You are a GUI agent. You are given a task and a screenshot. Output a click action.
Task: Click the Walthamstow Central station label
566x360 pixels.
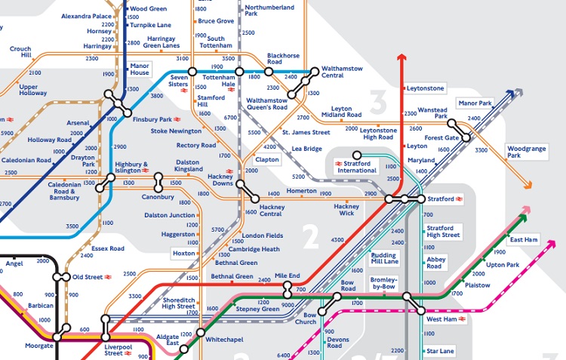click(342, 72)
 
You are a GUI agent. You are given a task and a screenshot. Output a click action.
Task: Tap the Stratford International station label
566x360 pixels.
click(357, 167)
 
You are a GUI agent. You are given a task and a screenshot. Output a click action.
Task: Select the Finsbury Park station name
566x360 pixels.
click(152, 119)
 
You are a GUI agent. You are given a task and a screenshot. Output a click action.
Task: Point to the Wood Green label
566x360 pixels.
click(148, 8)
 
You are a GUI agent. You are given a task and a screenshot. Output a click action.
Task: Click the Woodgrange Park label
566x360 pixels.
click(524, 152)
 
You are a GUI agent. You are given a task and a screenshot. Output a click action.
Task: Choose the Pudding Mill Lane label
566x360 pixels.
click(384, 258)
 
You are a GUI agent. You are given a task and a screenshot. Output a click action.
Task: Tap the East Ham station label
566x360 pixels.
click(524, 240)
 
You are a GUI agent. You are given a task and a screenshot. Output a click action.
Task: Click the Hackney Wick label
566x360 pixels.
click(346, 210)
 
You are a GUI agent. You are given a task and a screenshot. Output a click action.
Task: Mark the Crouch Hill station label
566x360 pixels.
click(20, 52)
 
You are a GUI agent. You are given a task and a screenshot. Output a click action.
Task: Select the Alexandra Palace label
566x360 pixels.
click(86, 16)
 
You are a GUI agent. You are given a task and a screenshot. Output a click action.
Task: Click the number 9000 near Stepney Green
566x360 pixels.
click(287, 304)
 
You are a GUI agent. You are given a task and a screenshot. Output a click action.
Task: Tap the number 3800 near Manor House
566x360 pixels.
click(157, 96)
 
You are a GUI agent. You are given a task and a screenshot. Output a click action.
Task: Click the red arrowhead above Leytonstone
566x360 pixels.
click(401, 58)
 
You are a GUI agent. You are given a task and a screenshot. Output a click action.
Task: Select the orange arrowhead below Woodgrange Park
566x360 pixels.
click(528, 185)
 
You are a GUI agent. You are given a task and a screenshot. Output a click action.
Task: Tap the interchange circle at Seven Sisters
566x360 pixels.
click(192, 72)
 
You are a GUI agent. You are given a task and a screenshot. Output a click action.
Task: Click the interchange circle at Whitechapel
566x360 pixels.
click(200, 331)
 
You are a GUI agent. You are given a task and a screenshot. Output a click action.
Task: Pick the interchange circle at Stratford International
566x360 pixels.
click(357, 154)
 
